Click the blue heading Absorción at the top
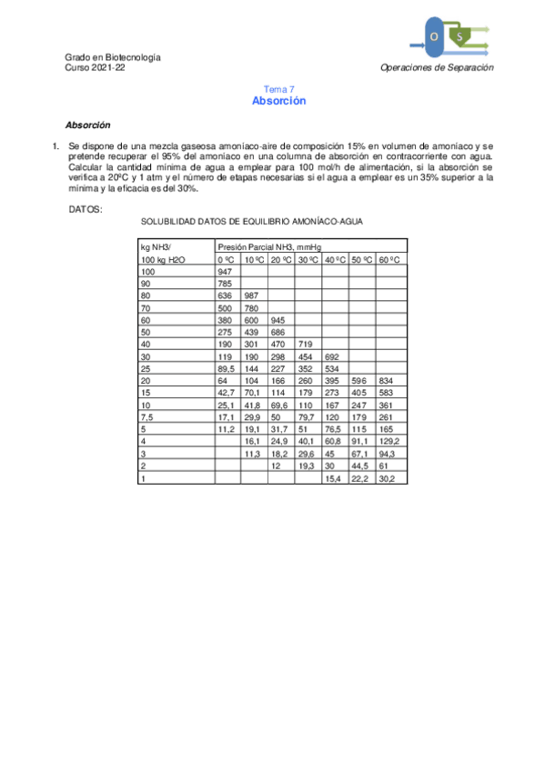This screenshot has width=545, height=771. pyautogui.click(x=278, y=101)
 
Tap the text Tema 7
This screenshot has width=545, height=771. pyautogui.click(x=278, y=89)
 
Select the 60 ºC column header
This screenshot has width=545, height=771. pyautogui.click(x=392, y=259)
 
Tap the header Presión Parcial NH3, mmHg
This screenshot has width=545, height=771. pyautogui.click(x=268, y=246)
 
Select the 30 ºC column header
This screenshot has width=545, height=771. pyautogui.click(x=308, y=259)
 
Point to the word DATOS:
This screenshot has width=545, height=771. pyautogui.click(x=86, y=209)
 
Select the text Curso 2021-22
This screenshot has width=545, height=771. pyautogui.click(x=96, y=68)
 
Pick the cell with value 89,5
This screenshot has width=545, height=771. pyautogui.click(x=227, y=369)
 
